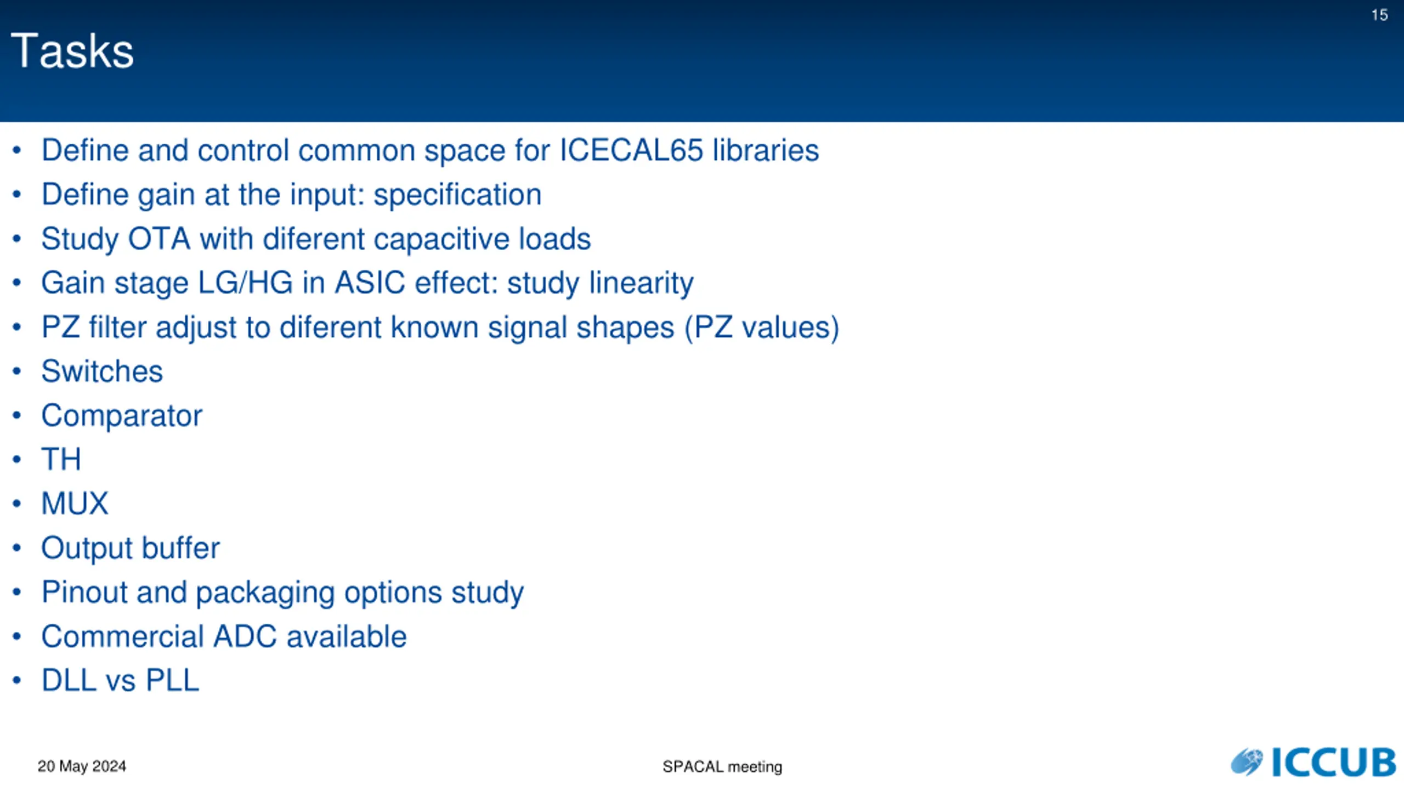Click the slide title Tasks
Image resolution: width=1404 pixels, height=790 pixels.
[72, 51]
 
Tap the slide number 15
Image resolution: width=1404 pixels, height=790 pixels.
[1379, 15]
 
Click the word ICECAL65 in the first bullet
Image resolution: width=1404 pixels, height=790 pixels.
[631, 150]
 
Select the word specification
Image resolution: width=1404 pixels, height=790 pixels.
[457, 195]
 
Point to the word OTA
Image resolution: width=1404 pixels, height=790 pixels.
[159, 239]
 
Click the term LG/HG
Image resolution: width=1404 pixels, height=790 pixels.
[245, 283]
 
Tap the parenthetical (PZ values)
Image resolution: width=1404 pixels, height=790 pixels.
[762, 328]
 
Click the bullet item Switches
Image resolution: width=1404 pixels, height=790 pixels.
[102, 371]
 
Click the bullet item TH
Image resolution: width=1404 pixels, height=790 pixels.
[61, 459]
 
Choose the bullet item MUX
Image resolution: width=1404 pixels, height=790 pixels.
[75, 504]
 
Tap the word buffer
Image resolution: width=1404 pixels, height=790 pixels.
[181, 548]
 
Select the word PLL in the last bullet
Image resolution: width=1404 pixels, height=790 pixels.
[172, 681]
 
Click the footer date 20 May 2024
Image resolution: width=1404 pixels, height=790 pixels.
[82, 766]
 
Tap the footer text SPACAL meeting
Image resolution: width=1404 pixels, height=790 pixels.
[722, 766]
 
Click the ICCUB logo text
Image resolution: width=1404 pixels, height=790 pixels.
[1333, 762]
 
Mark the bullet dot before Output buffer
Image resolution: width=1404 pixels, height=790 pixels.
[17, 548]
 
